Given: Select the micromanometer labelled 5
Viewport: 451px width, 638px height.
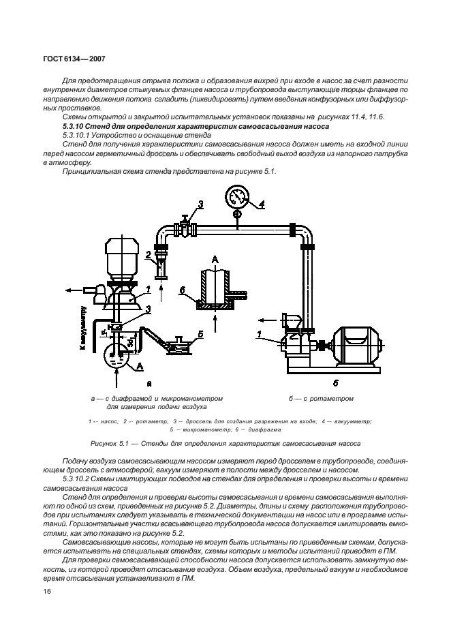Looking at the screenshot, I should [181, 345].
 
